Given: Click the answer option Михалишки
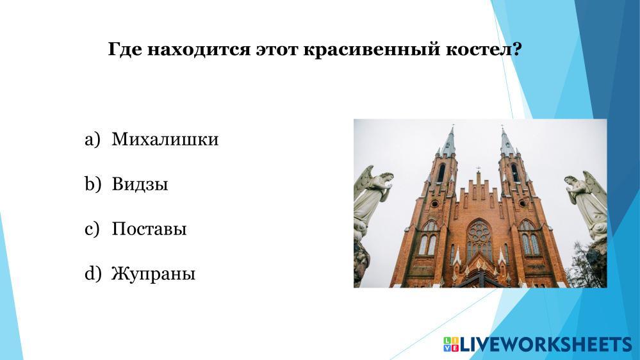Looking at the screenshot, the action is point(165,139).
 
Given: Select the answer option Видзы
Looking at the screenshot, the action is point(140,184).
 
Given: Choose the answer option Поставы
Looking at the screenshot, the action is point(149,229).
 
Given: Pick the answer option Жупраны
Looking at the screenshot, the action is point(153,274).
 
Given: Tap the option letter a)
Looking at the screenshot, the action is point(92,140).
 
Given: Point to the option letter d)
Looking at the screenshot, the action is point(93,274).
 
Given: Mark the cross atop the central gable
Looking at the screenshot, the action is point(478,169).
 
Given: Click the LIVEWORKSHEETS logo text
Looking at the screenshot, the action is point(546,345).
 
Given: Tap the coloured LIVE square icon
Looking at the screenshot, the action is point(451,345).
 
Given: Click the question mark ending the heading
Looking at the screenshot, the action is point(516,49).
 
